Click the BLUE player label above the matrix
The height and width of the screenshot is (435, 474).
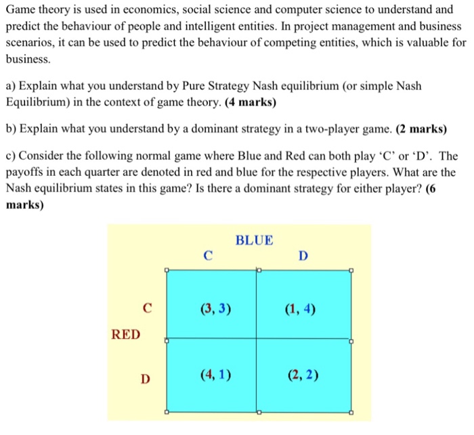pyautogui.click(x=254, y=240)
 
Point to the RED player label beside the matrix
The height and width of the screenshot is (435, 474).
pyautogui.click(x=126, y=334)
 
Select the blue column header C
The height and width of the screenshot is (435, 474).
pyautogui.click(x=208, y=256)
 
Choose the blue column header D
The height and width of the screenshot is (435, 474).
pyautogui.click(x=302, y=256)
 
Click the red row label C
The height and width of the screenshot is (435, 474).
pyautogui.click(x=146, y=311)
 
